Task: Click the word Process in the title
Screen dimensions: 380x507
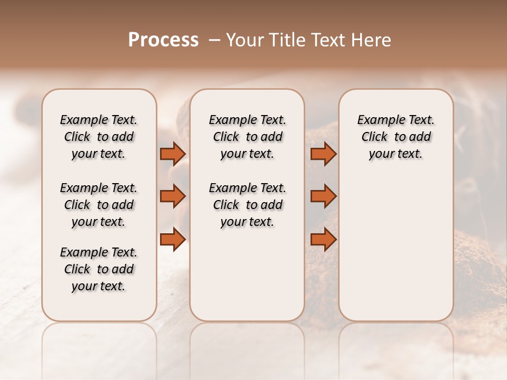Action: pyautogui.click(x=163, y=40)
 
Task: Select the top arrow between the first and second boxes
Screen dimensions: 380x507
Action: pyautogui.click(x=173, y=154)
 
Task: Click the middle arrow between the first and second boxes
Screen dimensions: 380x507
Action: pyautogui.click(x=173, y=197)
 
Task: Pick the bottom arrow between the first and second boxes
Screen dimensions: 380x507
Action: pyautogui.click(x=173, y=239)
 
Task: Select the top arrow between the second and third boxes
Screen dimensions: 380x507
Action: pyautogui.click(x=323, y=154)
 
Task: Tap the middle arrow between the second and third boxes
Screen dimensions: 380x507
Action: pyautogui.click(x=323, y=197)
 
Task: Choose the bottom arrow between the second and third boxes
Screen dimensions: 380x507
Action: pyautogui.click(x=323, y=239)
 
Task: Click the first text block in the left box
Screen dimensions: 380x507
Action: pyautogui.click(x=99, y=137)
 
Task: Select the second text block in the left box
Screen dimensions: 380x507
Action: pyautogui.click(x=99, y=205)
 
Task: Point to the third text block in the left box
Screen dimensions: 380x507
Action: pyautogui.click(x=99, y=269)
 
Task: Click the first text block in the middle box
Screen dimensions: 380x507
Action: pyautogui.click(x=248, y=137)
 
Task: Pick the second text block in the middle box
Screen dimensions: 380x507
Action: pyautogui.click(x=248, y=205)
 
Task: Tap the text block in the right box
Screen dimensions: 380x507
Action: pyautogui.click(x=396, y=137)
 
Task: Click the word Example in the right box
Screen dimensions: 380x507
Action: pyautogui.click(x=382, y=120)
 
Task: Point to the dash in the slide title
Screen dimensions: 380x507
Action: pyautogui.click(x=214, y=40)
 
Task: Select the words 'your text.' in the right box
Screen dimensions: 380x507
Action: pyautogui.click(x=396, y=154)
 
